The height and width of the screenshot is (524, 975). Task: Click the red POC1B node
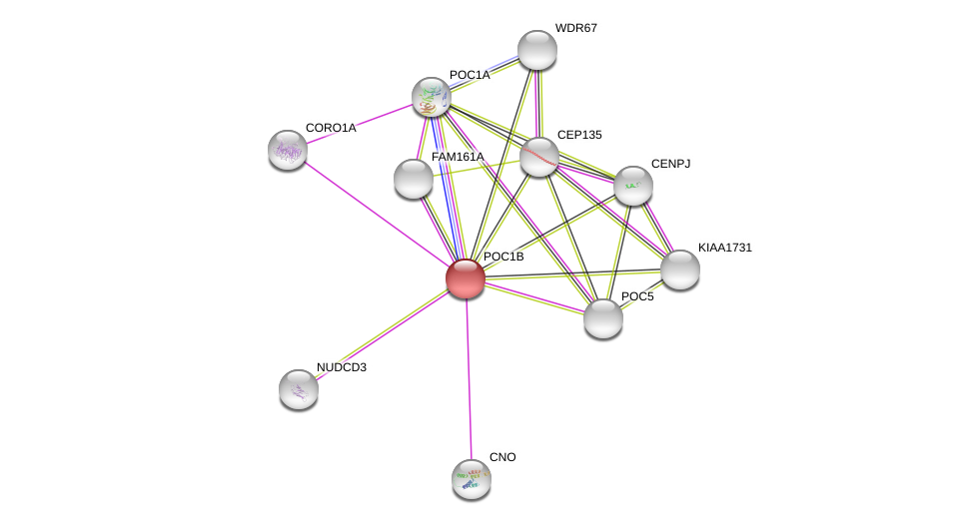(466, 278)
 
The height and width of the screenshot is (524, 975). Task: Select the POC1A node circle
(432, 97)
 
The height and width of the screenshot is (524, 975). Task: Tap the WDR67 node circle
(537, 50)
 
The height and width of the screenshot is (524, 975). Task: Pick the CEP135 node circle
(539, 157)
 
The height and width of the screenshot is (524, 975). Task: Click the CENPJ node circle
(633, 186)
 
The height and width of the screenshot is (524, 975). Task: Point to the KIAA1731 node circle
(680, 269)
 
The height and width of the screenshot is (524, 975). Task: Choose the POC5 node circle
(603, 318)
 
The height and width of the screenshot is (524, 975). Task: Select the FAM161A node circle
(414, 179)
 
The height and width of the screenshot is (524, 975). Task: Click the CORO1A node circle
(288, 150)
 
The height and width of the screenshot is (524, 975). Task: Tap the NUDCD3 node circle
(299, 389)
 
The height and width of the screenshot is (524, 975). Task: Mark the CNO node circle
(472, 479)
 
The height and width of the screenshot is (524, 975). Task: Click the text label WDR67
(575, 28)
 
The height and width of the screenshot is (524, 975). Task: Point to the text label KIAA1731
(724, 248)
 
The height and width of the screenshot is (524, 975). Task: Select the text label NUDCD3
(341, 367)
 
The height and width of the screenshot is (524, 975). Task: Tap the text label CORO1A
(330, 128)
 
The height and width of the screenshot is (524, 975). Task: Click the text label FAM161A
(458, 157)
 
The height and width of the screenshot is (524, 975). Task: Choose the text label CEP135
(579, 135)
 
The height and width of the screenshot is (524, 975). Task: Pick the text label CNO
(502, 457)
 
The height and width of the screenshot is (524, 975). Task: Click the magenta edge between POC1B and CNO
(469, 379)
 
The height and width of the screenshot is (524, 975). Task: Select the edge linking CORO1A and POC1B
(377, 215)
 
